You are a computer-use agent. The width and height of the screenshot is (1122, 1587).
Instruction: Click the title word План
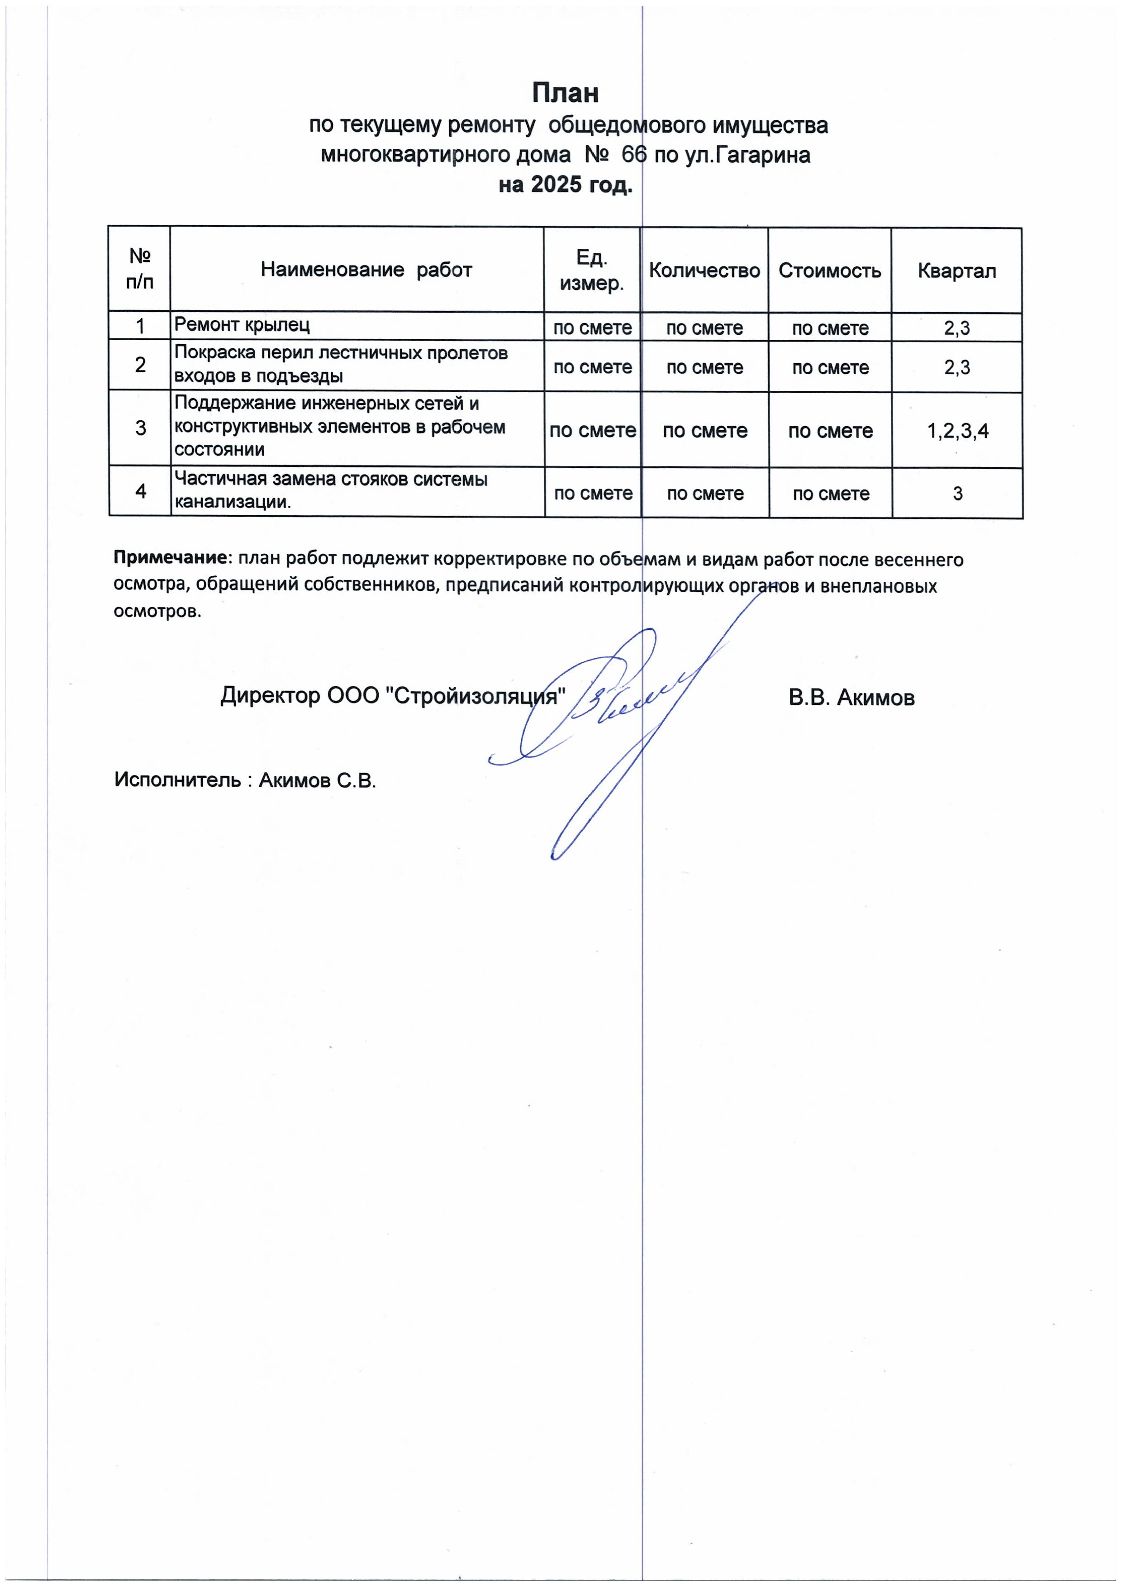click(565, 93)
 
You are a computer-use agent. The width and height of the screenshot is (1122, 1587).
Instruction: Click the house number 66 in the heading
click(633, 155)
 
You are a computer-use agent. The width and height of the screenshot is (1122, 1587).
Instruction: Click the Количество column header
click(704, 270)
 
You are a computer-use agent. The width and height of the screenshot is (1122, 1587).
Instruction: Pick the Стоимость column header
click(830, 270)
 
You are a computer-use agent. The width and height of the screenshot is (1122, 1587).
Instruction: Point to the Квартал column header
click(957, 270)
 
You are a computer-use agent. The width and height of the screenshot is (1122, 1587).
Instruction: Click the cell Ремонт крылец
click(242, 324)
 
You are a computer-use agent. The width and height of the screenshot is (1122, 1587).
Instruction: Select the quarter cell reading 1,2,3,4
click(957, 431)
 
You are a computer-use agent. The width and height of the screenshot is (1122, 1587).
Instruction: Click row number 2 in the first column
click(140, 365)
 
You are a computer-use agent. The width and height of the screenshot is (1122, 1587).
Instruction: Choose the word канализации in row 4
click(232, 502)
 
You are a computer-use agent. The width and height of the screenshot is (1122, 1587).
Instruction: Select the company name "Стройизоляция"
click(474, 695)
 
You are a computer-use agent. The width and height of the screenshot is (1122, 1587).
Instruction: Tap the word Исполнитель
click(177, 780)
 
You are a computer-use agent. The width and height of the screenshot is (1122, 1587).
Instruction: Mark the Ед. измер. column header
click(592, 270)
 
